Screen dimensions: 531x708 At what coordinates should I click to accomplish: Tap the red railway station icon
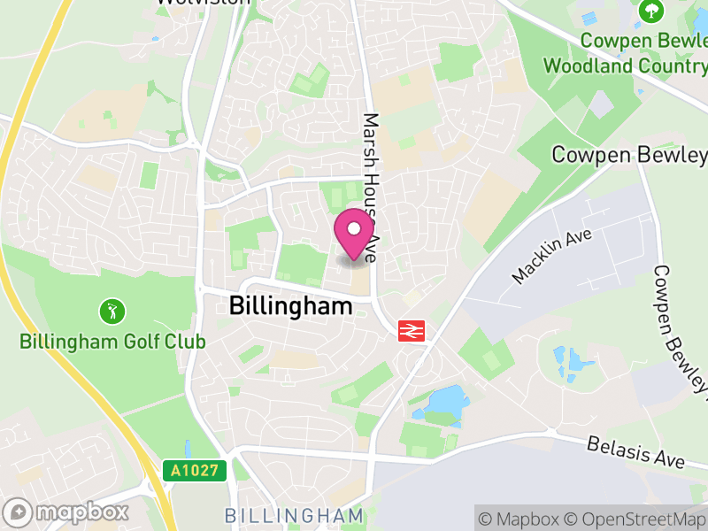[x=412, y=331]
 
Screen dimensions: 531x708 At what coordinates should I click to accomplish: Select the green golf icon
[x=112, y=312]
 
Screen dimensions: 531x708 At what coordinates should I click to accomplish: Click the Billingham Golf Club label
[x=112, y=342]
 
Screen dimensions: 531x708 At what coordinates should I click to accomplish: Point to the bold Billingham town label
[x=290, y=306]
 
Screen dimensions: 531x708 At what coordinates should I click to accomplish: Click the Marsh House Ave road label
[x=370, y=186]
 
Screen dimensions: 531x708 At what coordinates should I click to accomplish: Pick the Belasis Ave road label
[x=635, y=451]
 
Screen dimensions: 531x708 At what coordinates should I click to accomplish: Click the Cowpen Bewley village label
[x=629, y=155]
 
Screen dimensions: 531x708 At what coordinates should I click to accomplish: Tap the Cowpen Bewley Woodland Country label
[x=626, y=53]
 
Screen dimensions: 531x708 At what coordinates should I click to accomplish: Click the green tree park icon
[x=652, y=12]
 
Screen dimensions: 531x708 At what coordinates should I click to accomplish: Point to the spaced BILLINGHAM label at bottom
[x=294, y=515]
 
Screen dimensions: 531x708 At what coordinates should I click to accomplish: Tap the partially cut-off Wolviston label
[x=201, y=3]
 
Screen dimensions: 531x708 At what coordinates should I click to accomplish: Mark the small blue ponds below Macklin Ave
[x=574, y=363]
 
